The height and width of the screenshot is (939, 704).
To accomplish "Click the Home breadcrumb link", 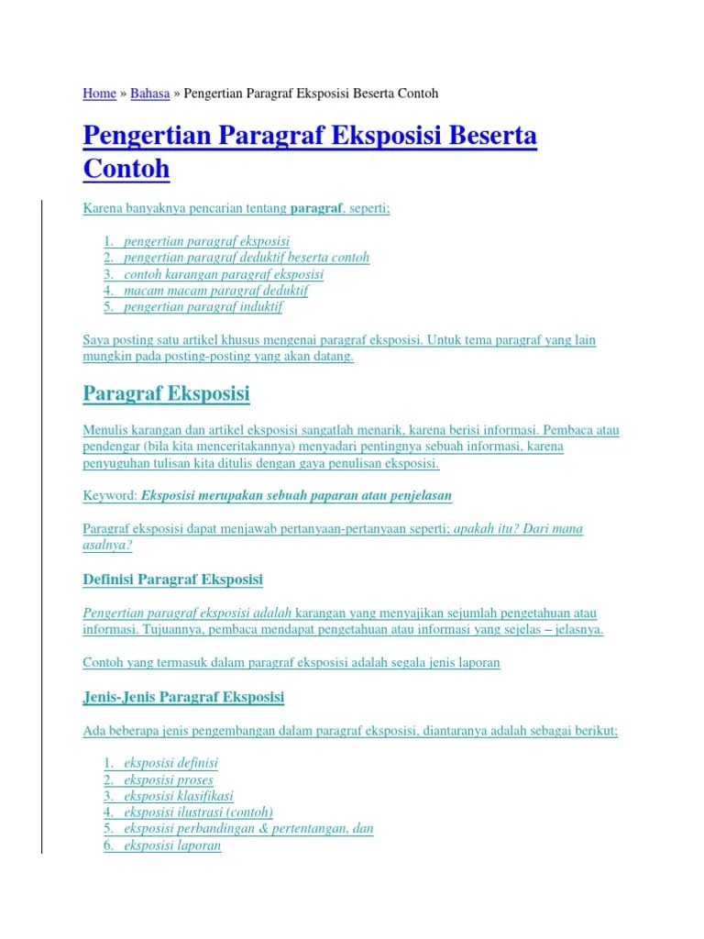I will pos(99,94).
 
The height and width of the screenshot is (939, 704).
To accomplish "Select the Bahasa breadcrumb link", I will pos(150,94).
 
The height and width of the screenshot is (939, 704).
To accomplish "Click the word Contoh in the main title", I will pos(126,170).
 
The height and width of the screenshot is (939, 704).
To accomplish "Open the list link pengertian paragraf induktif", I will pos(203,306).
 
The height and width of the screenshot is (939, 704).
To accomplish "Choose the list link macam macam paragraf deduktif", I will pos(215,290).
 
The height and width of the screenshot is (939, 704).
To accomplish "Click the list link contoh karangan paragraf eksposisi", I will pos(224,273).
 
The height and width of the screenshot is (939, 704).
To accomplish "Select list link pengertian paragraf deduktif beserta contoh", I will pos(247,257).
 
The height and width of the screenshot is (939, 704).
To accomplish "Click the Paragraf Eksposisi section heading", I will pos(166,394).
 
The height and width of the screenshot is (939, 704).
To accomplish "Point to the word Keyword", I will pos(109,495).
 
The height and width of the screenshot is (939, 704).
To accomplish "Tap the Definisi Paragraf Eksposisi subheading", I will pos(172,580).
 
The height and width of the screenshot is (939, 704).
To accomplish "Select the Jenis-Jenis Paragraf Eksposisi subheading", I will pos(183,697).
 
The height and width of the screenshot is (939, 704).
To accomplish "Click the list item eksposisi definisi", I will pos(170,763).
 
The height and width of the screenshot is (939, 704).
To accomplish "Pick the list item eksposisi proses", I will pos(168,779).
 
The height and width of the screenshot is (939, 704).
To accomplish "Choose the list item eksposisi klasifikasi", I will pos(179,796).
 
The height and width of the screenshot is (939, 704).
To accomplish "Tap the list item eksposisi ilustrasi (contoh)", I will pos(198,812).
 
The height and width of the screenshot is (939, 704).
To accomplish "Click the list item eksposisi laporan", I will pos(172,845).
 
